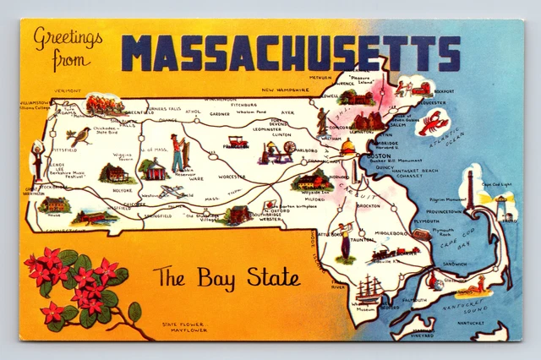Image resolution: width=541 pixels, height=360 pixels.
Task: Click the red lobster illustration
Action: click(434, 122)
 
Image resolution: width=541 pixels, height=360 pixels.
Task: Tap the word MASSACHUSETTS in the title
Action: click(291, 52)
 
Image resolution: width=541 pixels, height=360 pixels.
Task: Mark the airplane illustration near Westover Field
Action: click(172, 192)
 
